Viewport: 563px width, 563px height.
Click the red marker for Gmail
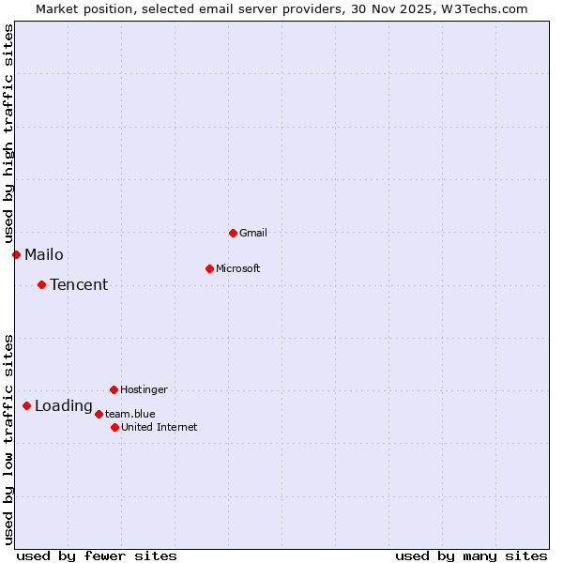(233, 233)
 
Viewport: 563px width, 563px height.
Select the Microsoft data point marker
(209, 268)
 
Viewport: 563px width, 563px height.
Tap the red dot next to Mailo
(16, 254)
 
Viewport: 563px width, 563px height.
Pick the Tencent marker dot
(41, 284)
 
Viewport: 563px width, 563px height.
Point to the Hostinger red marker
(114, 389)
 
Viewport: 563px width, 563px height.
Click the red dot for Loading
(26, 405)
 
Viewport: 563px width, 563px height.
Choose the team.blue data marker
(99, 414)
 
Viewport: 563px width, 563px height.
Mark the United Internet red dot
(114, 427)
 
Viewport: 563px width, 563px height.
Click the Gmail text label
(253, 233)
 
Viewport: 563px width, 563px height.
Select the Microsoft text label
(238, 268)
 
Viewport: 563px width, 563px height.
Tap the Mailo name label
(44, 254)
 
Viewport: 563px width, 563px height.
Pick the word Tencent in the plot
(79, 284)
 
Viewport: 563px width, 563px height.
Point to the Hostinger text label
(144, 389)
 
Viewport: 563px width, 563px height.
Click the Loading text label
(64, 406)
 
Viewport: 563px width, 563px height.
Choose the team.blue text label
(130, 414)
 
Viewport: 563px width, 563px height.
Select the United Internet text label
(160, 427)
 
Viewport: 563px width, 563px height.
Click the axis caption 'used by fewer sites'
(97, 555)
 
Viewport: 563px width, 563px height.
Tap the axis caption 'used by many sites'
(471, 555)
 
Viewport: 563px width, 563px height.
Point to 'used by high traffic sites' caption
(8, 131)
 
